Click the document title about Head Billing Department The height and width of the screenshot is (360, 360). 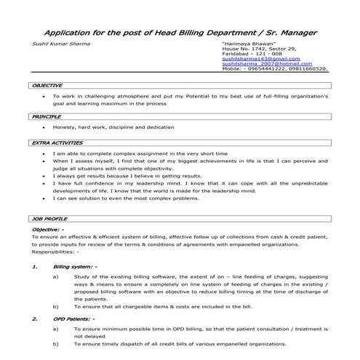coord(180,33)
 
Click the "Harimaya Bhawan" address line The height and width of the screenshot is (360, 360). coord(242,44)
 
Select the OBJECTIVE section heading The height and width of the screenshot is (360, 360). coord(47,86)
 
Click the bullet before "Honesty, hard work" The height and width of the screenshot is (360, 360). coord(45,127)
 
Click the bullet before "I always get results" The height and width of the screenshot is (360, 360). coord(45,176)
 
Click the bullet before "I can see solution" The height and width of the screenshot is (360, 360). coord(45,199)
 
